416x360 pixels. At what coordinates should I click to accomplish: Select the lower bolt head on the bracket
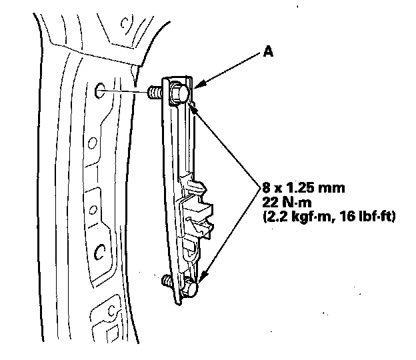[191, 289]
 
